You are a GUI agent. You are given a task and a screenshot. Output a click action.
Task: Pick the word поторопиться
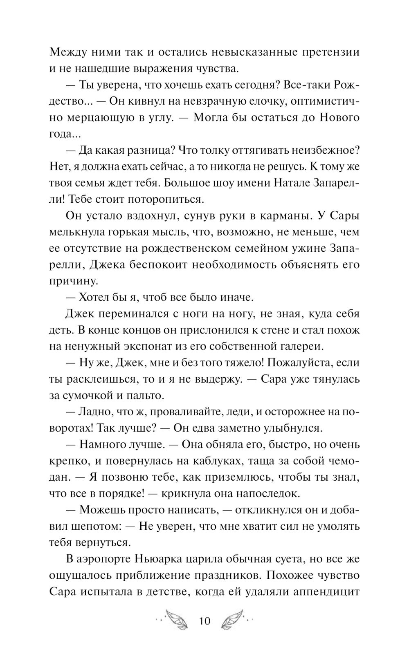[166, 199]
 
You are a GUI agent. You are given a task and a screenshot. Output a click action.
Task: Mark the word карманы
[294, 216]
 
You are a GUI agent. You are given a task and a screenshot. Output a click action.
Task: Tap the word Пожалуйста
[299, 363]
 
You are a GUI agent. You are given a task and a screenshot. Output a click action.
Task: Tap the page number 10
[204, 622]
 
